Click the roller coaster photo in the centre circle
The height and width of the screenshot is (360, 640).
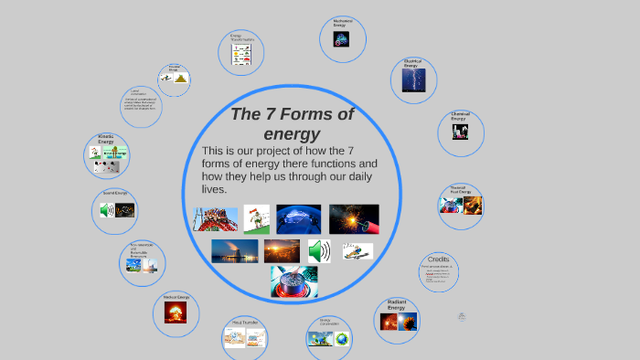tap(216, 219)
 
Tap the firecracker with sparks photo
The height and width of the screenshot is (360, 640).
tap(353, 219)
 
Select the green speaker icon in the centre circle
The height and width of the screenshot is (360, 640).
tap(319, 251)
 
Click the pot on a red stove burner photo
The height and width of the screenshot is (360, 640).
tap(294, 281)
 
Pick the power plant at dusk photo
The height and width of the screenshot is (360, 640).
tap(234, 251)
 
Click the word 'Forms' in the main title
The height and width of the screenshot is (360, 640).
tap(308, 114)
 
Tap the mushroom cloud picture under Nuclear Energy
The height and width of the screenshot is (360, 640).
tap(175, 313)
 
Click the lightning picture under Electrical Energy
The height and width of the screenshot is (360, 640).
tap(413, 83)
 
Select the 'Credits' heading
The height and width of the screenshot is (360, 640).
tap(439, 259)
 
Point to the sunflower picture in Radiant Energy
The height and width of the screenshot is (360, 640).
tap(408, 321)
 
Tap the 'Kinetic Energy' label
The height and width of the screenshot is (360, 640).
tap(106, 139)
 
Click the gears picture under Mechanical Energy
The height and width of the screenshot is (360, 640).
tap(341, 39)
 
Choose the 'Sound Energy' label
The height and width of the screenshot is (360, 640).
tap(114, 193)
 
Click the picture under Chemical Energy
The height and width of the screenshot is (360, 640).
tap(460, 132)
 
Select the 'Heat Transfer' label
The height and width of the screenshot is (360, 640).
tap(244, 323)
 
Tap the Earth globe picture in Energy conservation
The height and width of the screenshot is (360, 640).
tap(341, 339)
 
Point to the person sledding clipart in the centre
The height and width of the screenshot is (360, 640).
tap(257, 219)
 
